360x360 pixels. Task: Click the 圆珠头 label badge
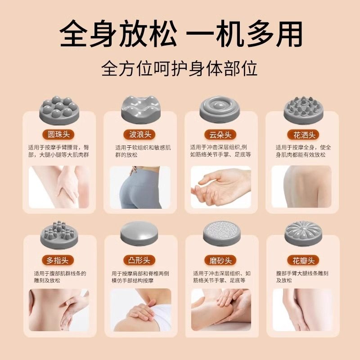click(58, 135)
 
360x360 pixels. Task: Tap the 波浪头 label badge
click(139, 135)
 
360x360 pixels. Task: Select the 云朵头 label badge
click(220, 135)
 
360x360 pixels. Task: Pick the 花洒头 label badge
click(303, 135)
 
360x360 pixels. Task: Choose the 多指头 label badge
click(58, 261)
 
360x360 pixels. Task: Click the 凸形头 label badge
click(139, 261)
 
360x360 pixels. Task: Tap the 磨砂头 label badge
click(220, 261)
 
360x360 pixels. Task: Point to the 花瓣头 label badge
click(303, 261)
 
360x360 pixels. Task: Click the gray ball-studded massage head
click(59, 110)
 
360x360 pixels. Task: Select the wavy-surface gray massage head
click(140, 110)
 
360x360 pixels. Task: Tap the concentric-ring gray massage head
click(220, 110)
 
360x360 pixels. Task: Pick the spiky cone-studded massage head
click(303, 110)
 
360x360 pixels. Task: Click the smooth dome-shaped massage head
click(139, 234)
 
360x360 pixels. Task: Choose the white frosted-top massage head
click(221, 234)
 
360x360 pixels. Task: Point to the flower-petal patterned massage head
click(303, 234)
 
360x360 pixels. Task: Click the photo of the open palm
click(221, 187)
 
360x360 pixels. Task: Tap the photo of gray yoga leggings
click(140, 187)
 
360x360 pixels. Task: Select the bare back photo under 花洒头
click(301, 187)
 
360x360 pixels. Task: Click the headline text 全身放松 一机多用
click(181, 34)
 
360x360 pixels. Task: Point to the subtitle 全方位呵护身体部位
click(179, 68)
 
